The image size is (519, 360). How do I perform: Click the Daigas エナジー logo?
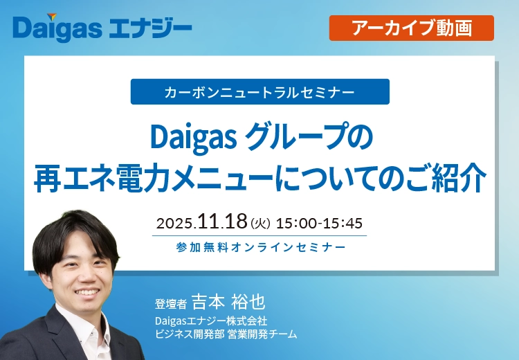(102, 28)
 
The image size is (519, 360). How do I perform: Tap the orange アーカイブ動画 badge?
(411, 28)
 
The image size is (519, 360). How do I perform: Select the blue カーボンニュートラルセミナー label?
(259, 92)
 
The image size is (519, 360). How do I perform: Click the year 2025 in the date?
(176, 224)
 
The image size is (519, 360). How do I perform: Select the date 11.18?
(221, 222)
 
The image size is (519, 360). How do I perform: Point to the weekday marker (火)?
(259, 224)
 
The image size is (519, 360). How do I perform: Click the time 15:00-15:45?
(319, 224)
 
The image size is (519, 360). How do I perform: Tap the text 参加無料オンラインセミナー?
(261, 246)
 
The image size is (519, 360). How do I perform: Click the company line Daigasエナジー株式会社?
(211, 322)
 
